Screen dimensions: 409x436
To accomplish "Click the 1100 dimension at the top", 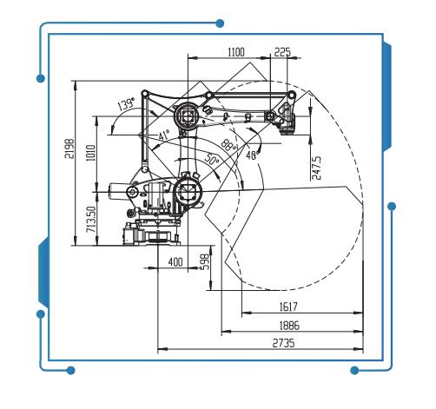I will pos(235,52).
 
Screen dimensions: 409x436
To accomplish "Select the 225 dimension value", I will pos(282,52).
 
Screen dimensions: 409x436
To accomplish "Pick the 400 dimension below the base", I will pos(175,261).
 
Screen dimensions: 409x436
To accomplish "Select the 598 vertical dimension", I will pos(204,261).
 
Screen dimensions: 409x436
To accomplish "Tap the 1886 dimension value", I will pos(292,324).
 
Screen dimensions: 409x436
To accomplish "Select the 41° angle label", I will pos(163,136).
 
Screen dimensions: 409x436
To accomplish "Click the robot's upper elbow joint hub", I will pos(186,116).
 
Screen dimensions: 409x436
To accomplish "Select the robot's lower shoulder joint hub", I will pos(187,188).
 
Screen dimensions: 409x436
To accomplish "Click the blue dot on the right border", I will pos(393,206).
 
